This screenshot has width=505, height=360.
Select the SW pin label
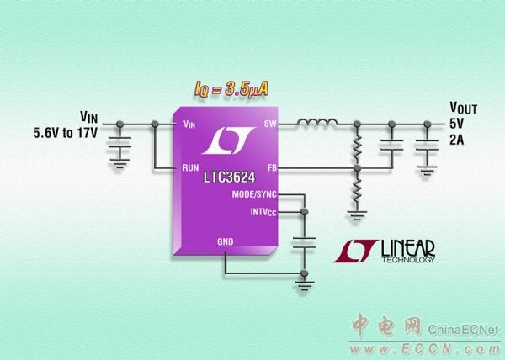[270, 124]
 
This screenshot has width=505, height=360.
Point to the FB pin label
[272, 167]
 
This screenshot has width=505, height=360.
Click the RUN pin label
[191, 167]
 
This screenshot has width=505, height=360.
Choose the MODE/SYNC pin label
[253, 194]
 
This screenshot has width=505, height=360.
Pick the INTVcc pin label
[259, 213]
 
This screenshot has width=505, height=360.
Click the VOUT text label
[461, 109]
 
